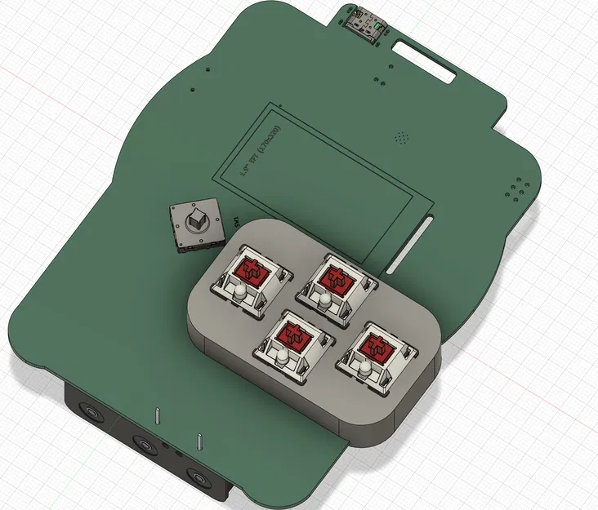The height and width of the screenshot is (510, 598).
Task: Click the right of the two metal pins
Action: click(x=199, y=441)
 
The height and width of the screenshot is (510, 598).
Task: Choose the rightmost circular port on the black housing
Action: click(x=196, y=476)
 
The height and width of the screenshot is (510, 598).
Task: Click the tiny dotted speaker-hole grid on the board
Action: click(x=400, y=136)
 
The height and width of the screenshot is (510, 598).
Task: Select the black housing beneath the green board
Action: click(x=114, y=441)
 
